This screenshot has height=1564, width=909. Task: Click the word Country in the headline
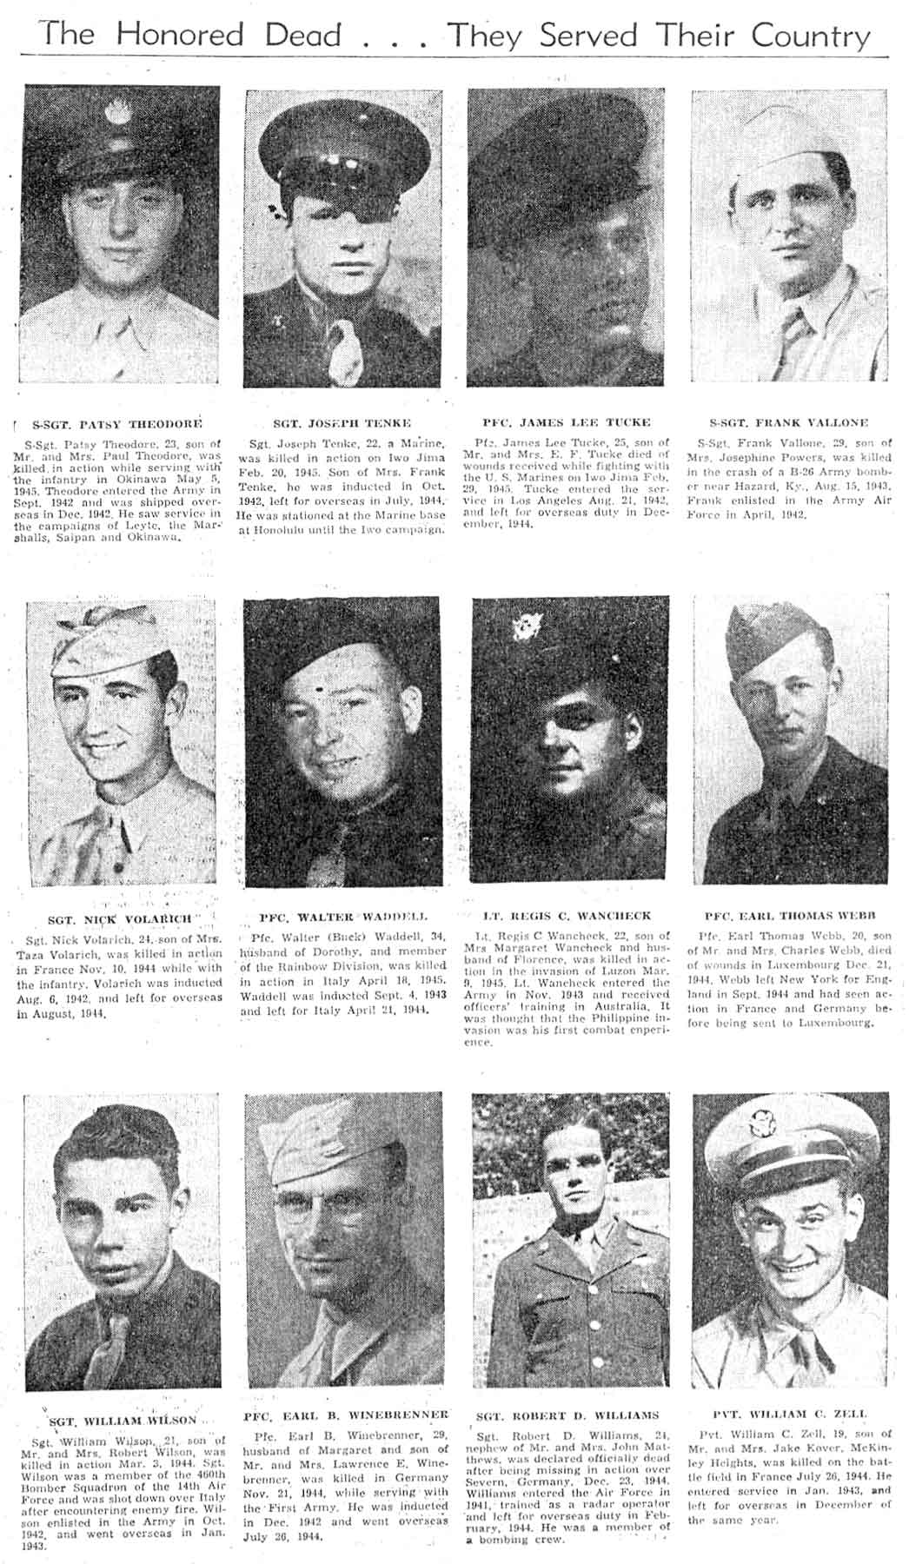pos(810,36)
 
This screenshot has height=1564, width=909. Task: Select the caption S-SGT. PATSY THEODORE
pos(116,425)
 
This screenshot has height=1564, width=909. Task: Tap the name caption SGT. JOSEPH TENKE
pos(342,423)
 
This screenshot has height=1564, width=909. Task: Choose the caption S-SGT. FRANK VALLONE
pos(789,422)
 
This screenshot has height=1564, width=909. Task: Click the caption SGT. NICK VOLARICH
pos(119,919)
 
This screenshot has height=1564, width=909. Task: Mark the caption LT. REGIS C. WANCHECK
pos(567,916)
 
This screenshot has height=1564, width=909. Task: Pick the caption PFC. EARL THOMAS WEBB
pos(790,916)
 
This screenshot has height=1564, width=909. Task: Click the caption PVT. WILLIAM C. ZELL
pos(790,1415)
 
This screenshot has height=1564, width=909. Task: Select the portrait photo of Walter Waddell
pos(341,741)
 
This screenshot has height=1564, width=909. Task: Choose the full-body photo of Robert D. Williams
pos(569,1239)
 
